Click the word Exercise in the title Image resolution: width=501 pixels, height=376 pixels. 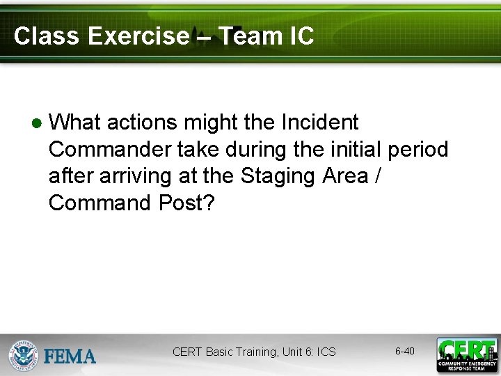pos(138,36)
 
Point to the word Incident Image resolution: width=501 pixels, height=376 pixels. pos(319,123)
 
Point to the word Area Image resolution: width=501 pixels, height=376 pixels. pos(345,177)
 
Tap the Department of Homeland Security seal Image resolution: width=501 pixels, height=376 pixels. pos(23,354)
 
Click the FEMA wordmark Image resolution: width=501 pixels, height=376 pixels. pos(70,357)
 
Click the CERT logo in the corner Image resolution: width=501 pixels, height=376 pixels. pos(467,354)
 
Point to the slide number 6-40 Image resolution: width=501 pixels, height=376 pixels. pos(404,351)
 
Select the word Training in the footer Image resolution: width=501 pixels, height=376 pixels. pos(255,352)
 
